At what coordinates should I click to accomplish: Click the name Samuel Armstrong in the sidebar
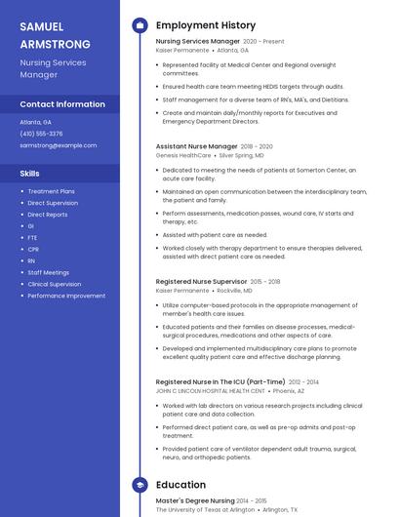click(55, 35)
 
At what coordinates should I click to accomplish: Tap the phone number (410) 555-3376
click(41, 134)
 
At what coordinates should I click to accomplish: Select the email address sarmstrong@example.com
click(58, 145)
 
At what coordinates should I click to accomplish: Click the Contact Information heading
click(62, 104)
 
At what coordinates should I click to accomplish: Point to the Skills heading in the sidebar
click(29, 173)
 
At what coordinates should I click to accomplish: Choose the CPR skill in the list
click(32, 250)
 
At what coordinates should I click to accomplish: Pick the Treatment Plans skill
click(51, 191)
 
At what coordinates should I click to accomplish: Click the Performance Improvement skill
click(66, 296)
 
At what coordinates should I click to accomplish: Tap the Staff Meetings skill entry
click(48, 273)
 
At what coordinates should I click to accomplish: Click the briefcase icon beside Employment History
click(140, 25)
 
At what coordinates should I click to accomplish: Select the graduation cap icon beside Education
click(140, 485)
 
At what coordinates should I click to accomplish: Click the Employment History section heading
click(206, 25)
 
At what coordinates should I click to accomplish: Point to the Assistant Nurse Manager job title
click(196, 146)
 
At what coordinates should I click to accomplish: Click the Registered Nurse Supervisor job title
click(201, 282)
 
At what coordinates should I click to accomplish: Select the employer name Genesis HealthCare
click(183, 155)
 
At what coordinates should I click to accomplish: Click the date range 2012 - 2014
click(303, 382)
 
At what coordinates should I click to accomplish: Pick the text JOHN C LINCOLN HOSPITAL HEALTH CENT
click(210, 391)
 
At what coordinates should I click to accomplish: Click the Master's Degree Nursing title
click(195, 500)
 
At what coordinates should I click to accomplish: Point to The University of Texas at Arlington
click(205, 509)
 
